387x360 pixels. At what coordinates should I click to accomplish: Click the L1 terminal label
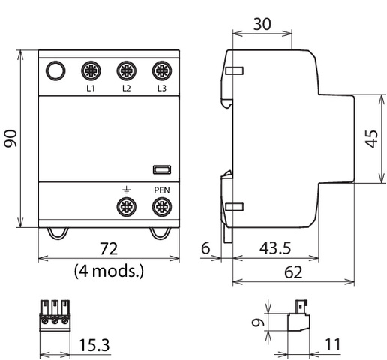(x=91, y=88)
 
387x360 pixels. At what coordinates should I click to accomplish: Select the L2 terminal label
(x=127, y=88)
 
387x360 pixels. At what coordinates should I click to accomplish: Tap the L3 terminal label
(x=162, y=88)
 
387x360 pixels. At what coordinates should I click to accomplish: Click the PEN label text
(x=162, y=190)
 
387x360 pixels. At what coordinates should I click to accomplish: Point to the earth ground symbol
(x=127, y=190)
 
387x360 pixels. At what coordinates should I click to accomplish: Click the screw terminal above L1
(x=91, y=70)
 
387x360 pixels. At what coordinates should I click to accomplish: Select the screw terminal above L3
(x=162, y=70)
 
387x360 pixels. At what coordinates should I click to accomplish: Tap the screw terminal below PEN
(x=162, y=207)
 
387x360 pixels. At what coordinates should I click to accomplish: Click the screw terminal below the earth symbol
(x=127, y=207)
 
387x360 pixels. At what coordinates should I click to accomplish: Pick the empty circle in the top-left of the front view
(x=55, y=70)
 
